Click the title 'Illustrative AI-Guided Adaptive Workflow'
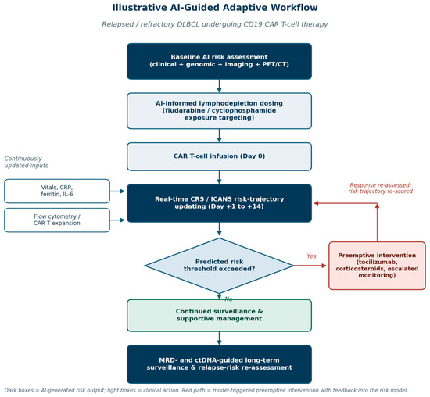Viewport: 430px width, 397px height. pos(215,8)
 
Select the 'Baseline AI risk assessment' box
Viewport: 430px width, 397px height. pos(219,61)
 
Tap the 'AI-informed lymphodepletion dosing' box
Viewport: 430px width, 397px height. pos(219,111)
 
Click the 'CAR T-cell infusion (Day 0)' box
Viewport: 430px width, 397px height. pos(219,156)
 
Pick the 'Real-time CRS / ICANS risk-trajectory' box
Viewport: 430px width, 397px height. pos(219,203)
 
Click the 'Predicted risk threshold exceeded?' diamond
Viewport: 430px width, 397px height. pos(219,266)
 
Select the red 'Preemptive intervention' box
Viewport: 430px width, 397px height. pos(377,266)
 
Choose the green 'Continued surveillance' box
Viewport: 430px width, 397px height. pos(219,315)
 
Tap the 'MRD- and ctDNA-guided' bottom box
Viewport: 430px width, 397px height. pos(219,364)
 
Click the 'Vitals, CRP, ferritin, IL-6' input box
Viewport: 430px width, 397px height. pos(57,191)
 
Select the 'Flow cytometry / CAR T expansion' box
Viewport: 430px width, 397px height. pos(57,220)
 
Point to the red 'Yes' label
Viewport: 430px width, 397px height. pos(311,256)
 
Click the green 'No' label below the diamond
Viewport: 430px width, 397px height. pos(228,299)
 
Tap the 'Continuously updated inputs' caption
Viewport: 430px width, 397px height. pos(26,162)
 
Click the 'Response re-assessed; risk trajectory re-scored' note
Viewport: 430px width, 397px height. pos(381,188)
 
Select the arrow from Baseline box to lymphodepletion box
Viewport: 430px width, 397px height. pos(219,86)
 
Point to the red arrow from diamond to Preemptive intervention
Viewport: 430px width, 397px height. pos(310,266)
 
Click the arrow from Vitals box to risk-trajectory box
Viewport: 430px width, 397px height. pos(117,191)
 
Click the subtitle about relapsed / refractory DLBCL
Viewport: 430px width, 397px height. pos(215,24)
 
